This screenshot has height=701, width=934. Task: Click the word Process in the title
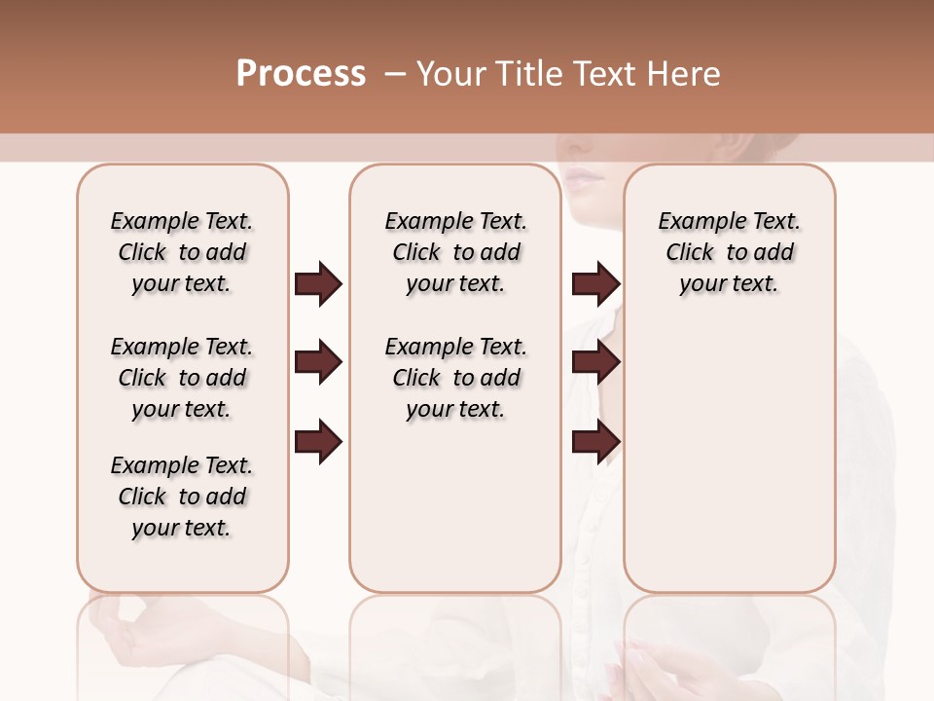click(301, 74)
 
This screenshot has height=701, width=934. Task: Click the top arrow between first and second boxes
click(318, 284)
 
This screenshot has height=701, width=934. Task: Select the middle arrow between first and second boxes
click(318, 363)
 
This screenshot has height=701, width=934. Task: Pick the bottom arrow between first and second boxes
click(318, 442)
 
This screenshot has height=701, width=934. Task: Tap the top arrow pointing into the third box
click(595, 284)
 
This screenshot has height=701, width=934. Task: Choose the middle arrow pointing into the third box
click(595, 363)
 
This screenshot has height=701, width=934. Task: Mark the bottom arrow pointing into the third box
click(595, 442)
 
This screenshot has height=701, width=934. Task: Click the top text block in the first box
click(182, 252)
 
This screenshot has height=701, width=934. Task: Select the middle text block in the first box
click(182, 378)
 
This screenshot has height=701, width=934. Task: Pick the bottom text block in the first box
click(182, 497)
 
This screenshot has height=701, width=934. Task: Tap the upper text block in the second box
click(455, 252)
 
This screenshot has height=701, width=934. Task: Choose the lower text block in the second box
click(455, 378)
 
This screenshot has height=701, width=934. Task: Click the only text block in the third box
click(729, 252)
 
